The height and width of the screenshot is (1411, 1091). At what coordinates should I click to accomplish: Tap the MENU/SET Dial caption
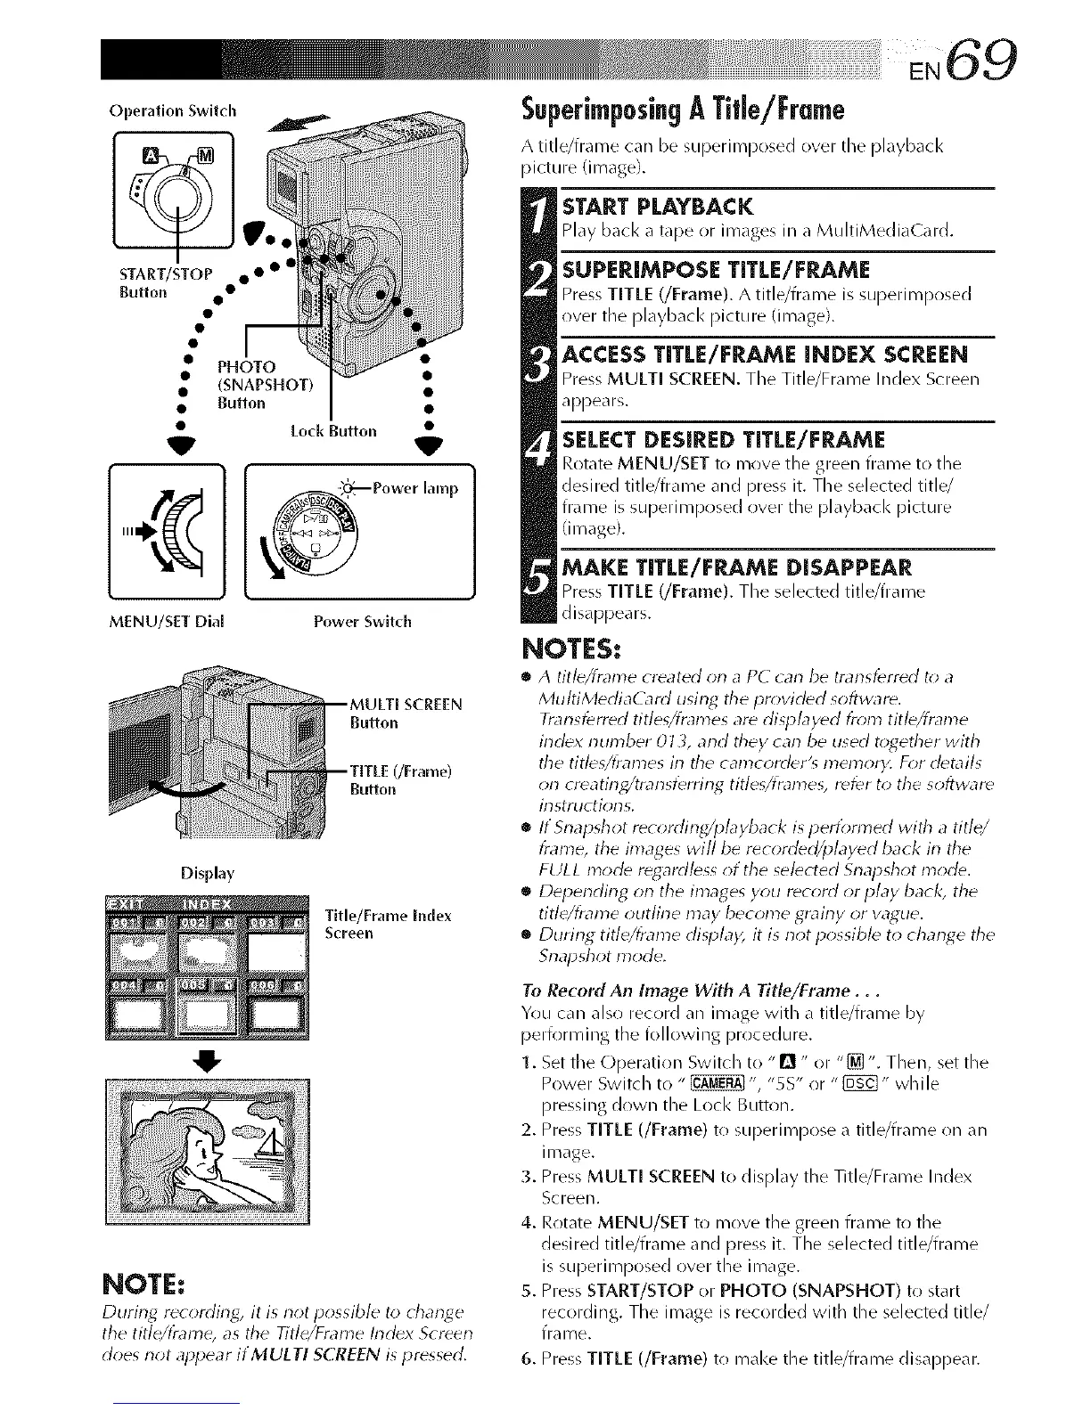(163, 621)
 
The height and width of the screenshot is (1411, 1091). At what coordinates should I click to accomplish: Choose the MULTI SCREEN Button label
(406, 713)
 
